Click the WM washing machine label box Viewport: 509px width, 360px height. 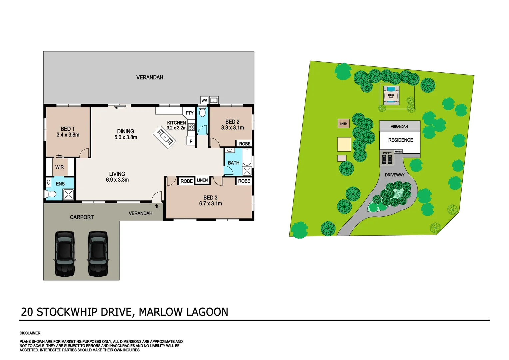pos(204,100)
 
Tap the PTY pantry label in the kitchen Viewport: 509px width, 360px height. pos(189,113)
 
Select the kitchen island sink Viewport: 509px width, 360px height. pos(164,137)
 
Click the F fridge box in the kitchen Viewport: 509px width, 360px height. pos(191,141)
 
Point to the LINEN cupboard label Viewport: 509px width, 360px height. pos(202,180)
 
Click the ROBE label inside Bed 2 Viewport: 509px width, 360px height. pos(245,144)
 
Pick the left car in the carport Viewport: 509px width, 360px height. pos(65,254)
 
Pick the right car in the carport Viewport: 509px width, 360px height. pos(98,254)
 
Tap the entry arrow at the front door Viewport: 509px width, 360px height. pos(156,206)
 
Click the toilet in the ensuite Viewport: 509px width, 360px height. pos(51,194)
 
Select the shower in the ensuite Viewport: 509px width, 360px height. pos(68,195)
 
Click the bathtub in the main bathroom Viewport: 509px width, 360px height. pos(247,157)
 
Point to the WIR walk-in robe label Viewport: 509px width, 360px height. pos(60,167)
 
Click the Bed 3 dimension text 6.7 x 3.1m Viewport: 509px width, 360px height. pos(210,204)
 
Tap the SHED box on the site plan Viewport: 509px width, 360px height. pos(343,124)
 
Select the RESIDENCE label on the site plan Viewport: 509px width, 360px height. pos(400,140)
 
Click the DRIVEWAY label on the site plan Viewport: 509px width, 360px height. pos(394,175)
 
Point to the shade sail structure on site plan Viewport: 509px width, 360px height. pos(391,96)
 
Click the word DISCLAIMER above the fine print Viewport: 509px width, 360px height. pos(30,333)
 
